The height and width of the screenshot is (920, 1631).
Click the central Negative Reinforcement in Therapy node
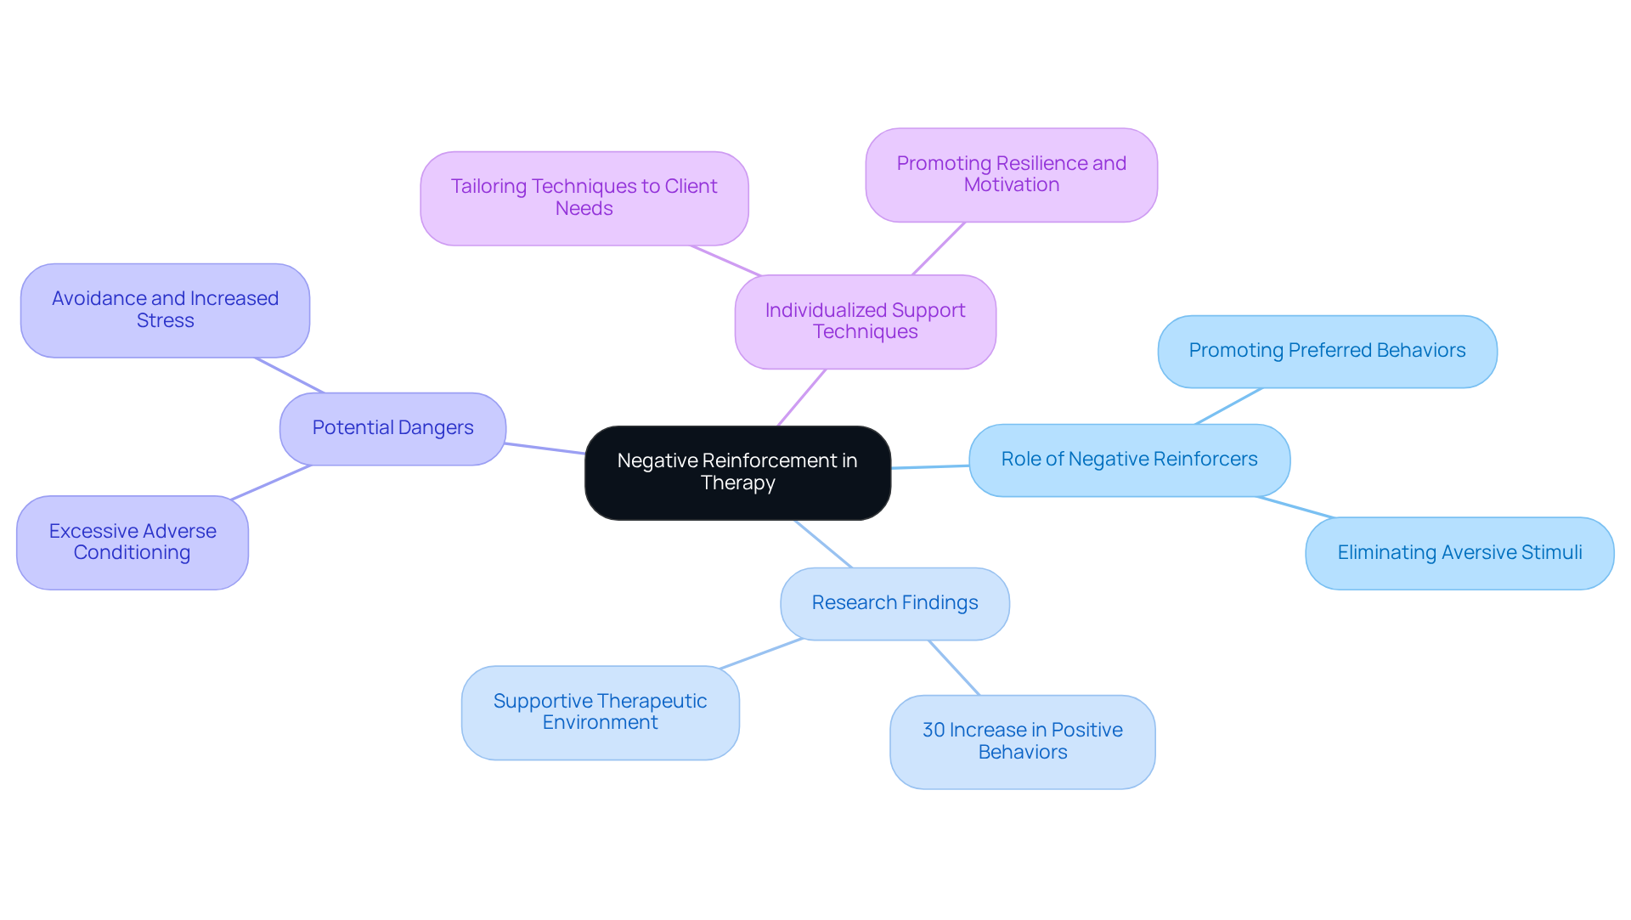click(x=737, y=472)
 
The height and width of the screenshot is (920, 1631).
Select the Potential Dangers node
click(x=392, y=428)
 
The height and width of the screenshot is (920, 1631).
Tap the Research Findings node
click(x=895, y=603)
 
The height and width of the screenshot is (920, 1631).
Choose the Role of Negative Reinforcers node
click(x=1129, y=460)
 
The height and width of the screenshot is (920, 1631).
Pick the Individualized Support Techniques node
click(x=865, y=321)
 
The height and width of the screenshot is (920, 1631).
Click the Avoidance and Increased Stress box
click(x=165, y=310)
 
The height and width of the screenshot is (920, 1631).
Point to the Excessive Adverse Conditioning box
click(x=133, y=542)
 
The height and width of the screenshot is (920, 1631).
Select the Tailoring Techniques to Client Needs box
click(x=584, y=198)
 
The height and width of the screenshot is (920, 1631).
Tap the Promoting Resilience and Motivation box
click(x=1011, y=174)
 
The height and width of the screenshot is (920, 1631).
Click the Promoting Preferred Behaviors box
click(x=1327, y=351)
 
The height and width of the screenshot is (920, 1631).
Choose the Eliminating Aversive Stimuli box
click(x=1459, y=553)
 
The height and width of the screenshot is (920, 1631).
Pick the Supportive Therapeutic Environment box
click(x=600, y=712)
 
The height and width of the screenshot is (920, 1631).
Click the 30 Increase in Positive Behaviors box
click(x=1022, y=742)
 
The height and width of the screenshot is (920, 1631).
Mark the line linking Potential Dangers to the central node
click(x=545, y=449)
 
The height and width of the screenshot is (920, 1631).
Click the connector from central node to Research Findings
click(x=822, y=544)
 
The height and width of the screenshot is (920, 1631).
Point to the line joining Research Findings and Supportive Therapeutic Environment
click(x=761, y=653)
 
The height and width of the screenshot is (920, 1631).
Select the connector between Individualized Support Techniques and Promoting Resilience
click(x=938, y=249)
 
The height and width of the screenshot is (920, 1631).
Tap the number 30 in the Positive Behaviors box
click(x=933, y=731)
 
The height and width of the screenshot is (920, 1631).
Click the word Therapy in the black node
click(x=737, y=483)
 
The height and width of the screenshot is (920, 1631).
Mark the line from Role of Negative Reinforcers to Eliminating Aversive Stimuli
click(x=1295, y=507)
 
